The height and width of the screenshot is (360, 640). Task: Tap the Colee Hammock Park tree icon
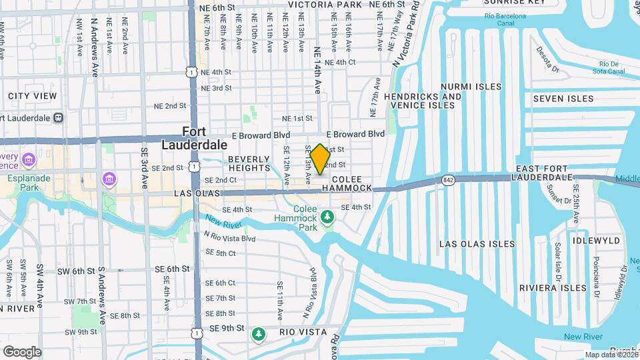[327, 217]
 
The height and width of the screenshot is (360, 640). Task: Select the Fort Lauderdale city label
[195, 138]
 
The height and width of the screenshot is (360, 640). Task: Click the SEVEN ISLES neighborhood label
[563, 99]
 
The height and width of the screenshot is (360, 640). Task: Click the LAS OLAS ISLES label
[477, 244]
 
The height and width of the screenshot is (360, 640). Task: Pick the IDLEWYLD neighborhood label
[596, 240]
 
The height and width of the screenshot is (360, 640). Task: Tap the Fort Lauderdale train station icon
[59, 117]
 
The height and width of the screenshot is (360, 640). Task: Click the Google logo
[22, 351]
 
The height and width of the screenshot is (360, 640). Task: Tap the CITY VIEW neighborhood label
[33, 96]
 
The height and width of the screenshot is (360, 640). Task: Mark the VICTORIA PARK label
[325, 5]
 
